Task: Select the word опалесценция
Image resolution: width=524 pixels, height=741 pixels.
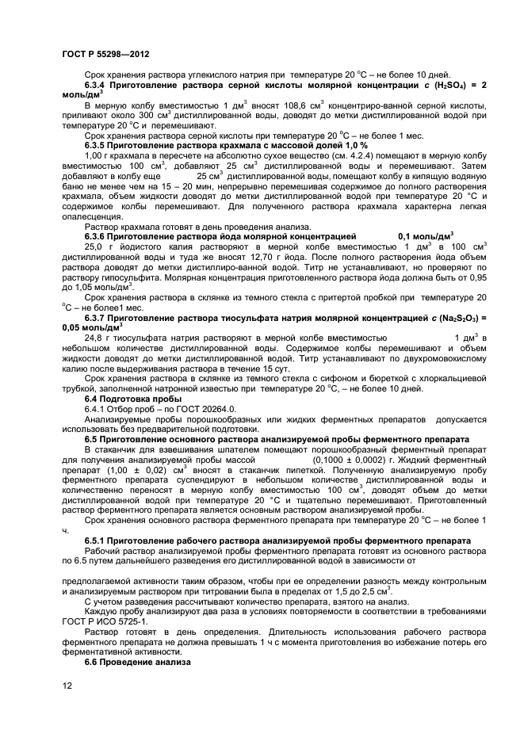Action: pyautogui.click(x=93, y=218)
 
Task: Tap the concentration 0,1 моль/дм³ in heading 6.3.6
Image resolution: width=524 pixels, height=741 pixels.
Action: pyautogui.click(x=425, y=236)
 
